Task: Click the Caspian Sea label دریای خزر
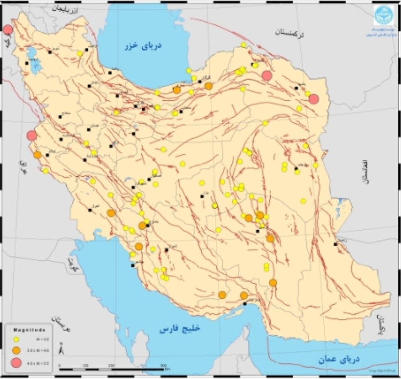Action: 143,45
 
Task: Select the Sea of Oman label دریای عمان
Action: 339,359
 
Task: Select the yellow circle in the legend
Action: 16,339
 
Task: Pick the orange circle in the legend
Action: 16,350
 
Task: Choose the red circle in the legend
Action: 16,363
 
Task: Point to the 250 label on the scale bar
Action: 112,365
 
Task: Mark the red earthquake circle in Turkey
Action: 7,30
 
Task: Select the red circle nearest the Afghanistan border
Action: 314,99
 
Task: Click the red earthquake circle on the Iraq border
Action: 32,136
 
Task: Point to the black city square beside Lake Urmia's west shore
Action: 27,63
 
